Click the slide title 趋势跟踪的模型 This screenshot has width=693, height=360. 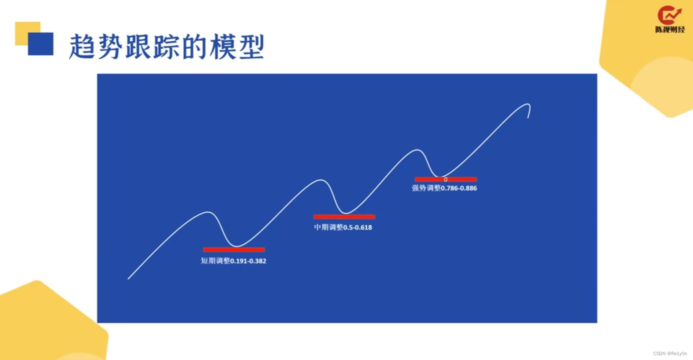point(167,47)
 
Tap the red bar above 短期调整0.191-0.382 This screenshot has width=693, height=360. point(234,250)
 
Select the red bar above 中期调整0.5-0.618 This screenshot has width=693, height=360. point(344,217)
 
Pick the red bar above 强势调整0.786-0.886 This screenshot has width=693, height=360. point(445,179)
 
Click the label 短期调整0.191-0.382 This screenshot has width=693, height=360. point(233,261)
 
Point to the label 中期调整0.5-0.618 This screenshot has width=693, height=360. point(343,227)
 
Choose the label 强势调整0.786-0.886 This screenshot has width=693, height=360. point(444,188)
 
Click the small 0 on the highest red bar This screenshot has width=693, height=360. point(445,179)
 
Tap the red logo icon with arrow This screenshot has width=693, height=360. point(669,15)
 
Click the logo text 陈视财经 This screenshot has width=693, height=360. point(670,29)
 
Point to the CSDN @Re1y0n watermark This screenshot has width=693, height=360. point(670,353)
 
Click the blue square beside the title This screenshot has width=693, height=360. point(40,44)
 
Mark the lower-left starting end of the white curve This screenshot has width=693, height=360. point(129,279)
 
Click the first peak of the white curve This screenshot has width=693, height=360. point(208,212)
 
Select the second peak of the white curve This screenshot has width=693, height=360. point(321,180)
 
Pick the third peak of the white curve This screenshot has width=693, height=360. point(417,150)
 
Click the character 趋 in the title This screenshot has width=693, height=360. point(82,47)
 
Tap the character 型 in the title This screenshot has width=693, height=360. point(251,47)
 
